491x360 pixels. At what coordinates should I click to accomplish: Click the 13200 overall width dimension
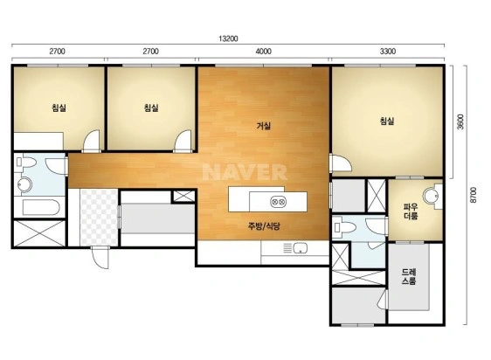228,38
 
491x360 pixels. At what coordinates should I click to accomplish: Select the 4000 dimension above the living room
263,51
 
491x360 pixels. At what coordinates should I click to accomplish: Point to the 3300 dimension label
388,51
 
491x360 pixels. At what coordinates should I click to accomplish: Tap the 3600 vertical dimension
460,121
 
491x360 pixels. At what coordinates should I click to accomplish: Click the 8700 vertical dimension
474,195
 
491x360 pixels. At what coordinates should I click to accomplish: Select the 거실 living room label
263,127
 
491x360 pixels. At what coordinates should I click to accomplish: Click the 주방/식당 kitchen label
264,226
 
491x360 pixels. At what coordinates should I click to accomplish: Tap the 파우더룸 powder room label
411,211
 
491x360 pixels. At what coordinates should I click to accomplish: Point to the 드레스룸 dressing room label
409,277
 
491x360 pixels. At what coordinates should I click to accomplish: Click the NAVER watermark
245,172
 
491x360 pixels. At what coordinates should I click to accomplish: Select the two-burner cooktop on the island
278,202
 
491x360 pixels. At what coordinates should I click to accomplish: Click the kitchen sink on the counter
300,248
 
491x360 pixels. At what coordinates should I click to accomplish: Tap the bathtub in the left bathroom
41,207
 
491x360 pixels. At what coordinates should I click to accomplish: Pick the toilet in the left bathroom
26,163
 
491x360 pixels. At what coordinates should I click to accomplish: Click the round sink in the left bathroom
24,184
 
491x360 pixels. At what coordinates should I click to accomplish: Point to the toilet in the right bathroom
345,226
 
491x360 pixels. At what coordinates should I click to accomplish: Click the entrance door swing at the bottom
100,257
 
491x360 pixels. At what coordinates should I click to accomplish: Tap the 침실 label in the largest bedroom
387,121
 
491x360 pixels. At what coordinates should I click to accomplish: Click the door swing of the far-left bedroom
92,141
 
